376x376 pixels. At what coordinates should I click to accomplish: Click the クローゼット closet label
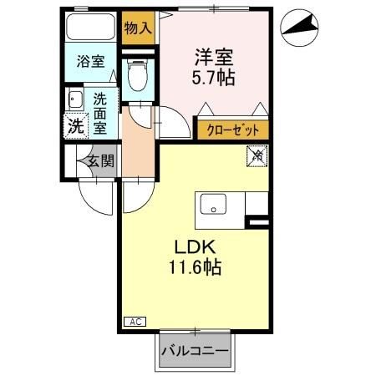233,131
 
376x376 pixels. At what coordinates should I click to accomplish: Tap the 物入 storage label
138,28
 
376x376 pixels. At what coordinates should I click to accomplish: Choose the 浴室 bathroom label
90,61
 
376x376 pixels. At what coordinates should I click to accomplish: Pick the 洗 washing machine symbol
75,126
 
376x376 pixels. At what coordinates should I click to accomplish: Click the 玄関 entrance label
98,161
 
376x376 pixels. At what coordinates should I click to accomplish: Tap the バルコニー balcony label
194,351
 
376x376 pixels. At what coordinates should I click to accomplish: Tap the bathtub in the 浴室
91,30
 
